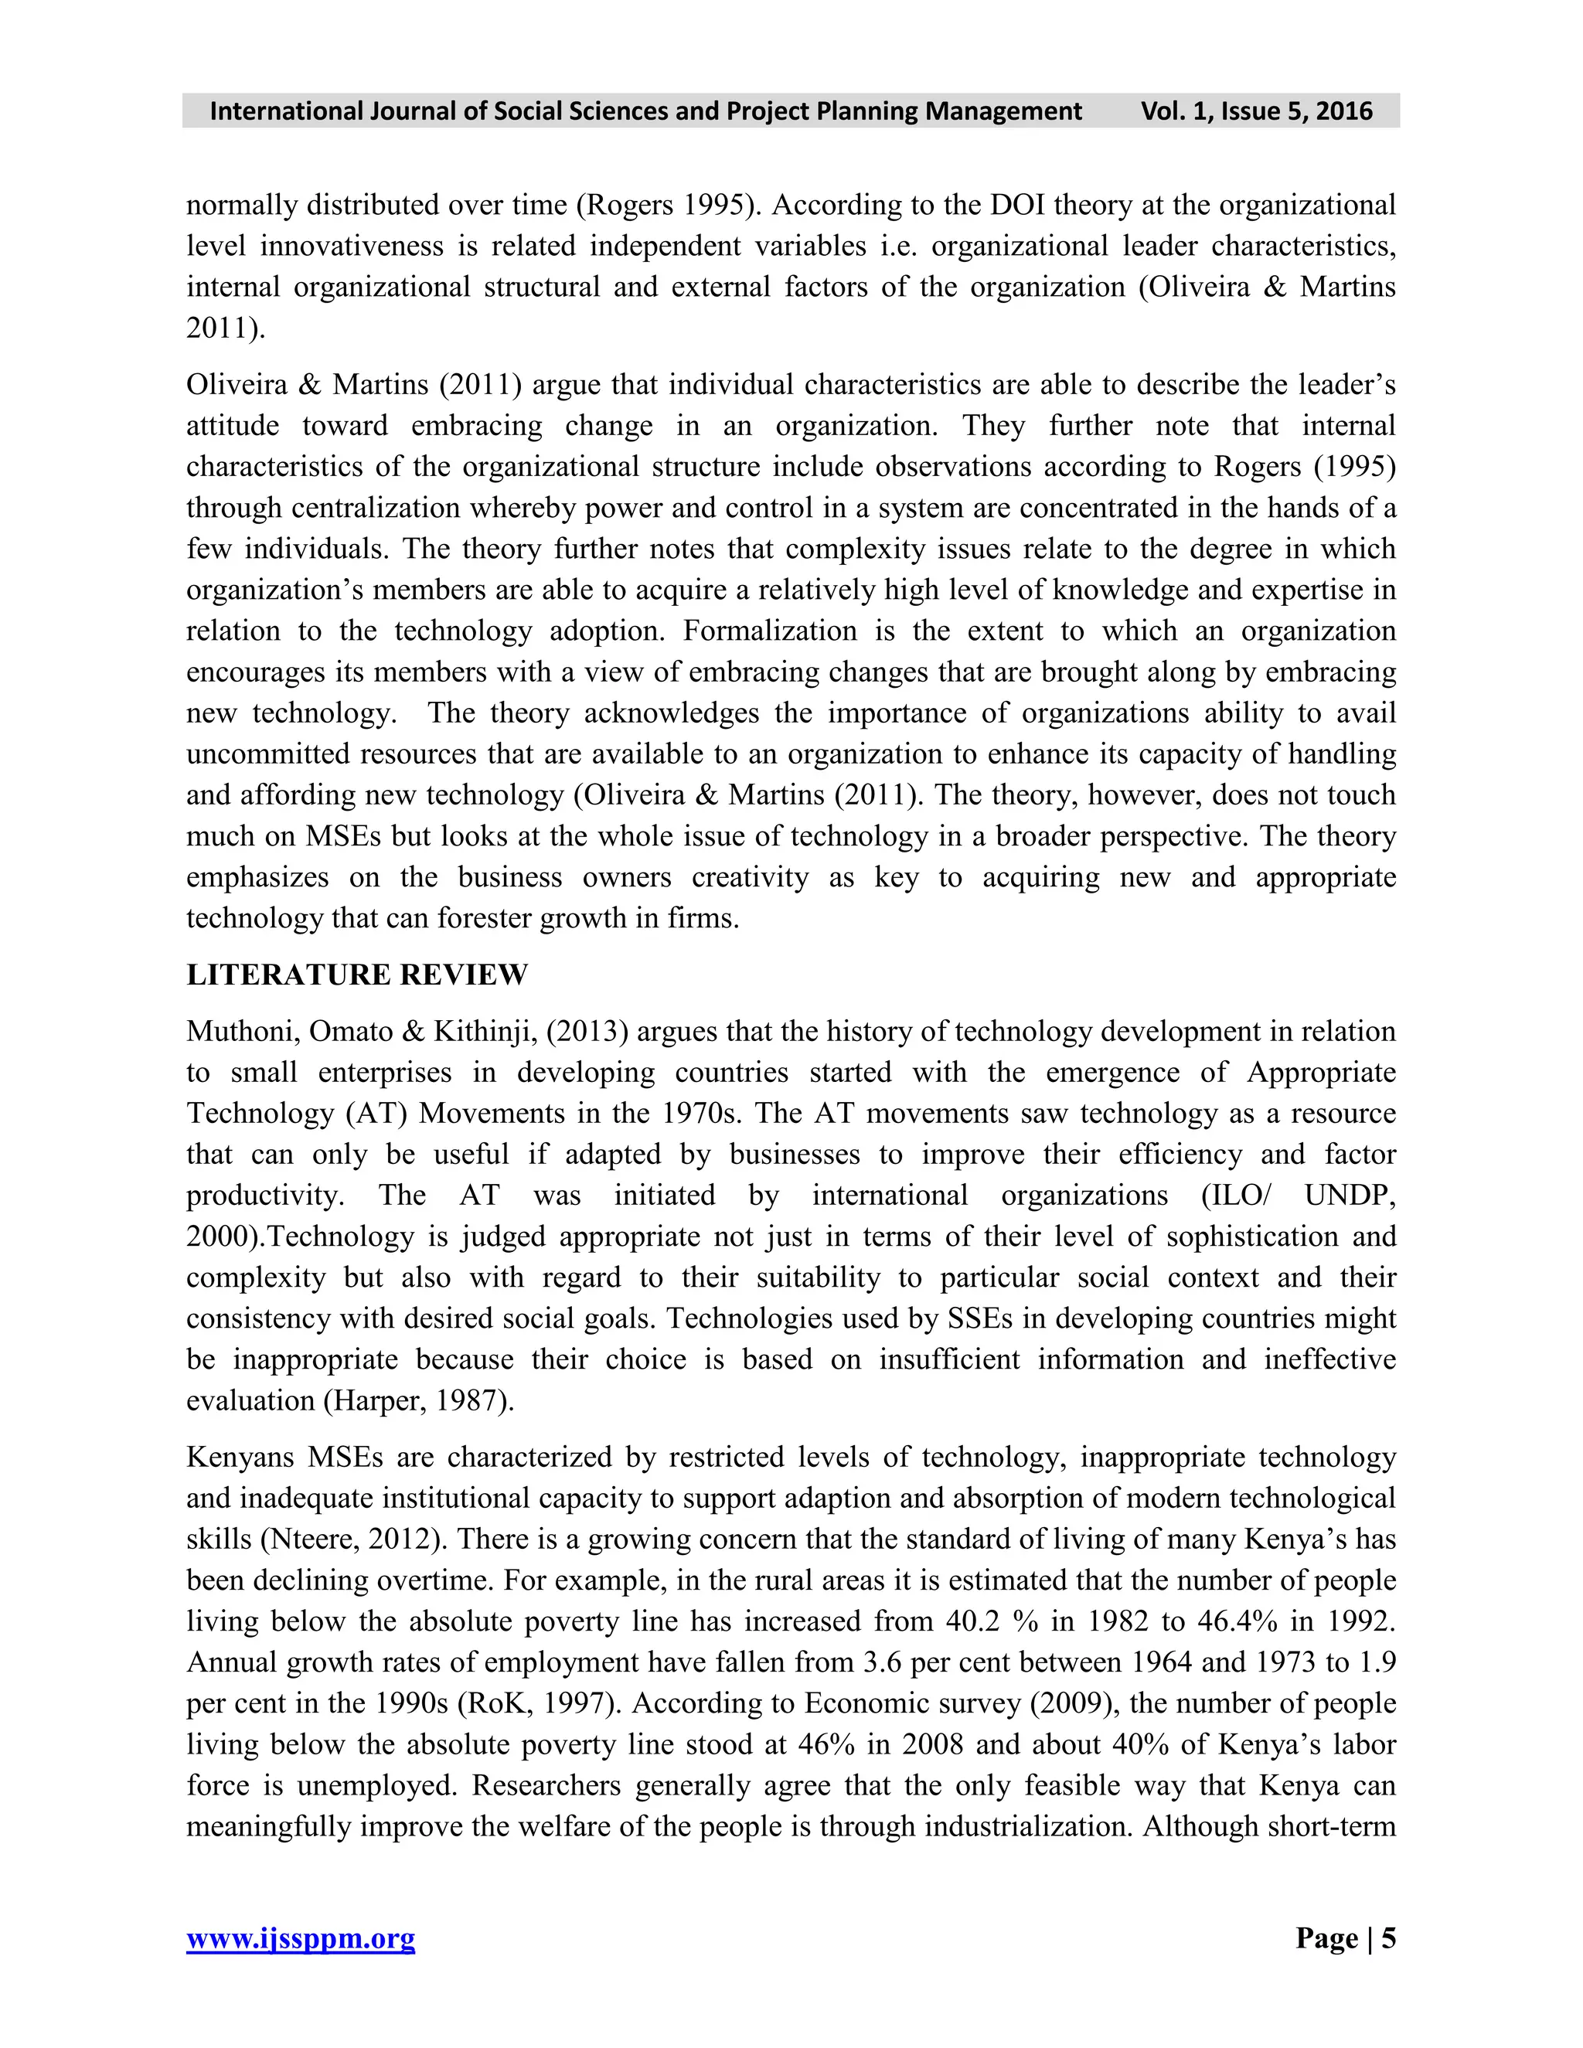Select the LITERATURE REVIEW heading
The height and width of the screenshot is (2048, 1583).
(356, 975)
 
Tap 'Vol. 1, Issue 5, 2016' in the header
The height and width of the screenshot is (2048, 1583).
(1256, 111)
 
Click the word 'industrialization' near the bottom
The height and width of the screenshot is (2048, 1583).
(1024, 1827)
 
